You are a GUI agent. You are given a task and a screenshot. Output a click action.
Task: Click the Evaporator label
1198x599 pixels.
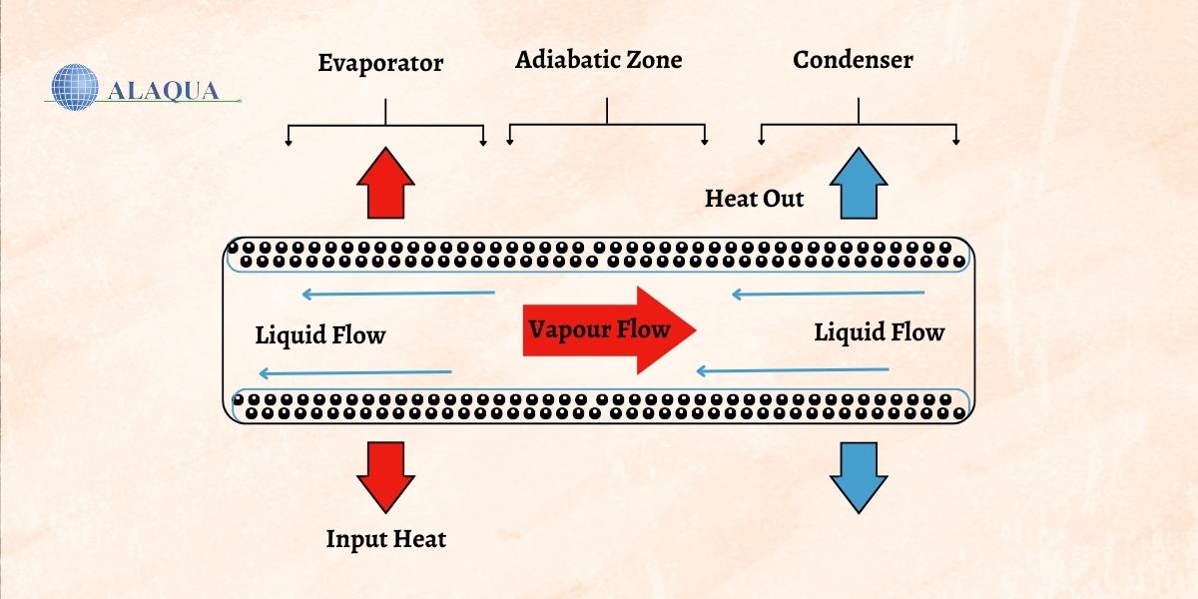[x=380, y=64]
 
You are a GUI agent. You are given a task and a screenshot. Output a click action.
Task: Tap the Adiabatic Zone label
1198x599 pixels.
[x=598, y=60]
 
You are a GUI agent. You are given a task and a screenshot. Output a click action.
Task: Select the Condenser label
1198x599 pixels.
[x=853, y=60]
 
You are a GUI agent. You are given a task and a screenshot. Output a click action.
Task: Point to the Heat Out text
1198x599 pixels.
[x=754, y=198]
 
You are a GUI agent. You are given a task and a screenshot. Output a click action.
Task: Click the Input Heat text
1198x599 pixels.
[x=385, y=540]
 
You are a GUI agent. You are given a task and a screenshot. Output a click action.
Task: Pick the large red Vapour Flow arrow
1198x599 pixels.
[x=608, y=330]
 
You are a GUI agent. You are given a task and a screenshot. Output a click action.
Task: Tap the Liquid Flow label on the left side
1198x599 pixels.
[x=319, y=335]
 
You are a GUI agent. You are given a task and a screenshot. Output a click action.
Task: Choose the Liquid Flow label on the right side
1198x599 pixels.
[x=879, y=331]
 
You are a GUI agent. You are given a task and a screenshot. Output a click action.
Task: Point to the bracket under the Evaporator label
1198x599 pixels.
[x=385, y=126]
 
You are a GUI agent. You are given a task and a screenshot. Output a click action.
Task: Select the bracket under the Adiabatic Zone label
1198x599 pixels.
[x=607, y=126]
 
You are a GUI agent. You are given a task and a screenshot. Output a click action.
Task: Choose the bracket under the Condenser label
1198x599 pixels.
[x=859, y=126]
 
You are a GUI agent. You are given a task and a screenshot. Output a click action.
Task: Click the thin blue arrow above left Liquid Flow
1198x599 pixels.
[x=398, y=294]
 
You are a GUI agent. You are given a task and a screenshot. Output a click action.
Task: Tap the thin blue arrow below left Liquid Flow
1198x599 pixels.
[x=355, y=373]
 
